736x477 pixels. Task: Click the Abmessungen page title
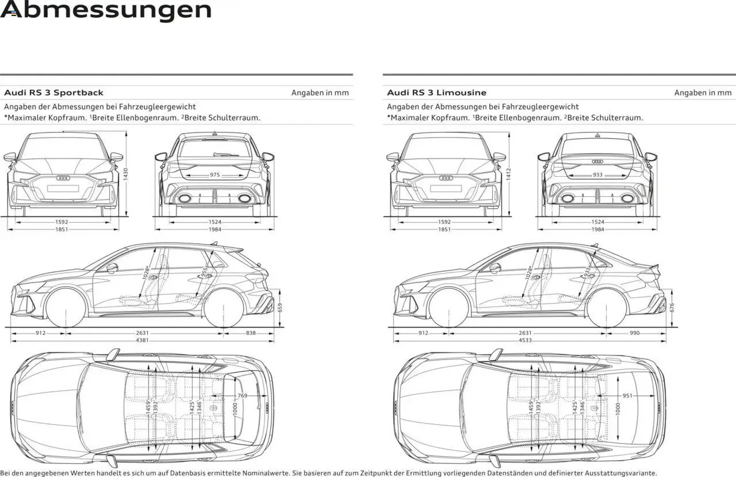coord(106,10)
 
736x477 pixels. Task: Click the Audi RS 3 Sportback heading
coord(54,93)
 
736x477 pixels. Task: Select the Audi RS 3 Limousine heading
coord(436,93)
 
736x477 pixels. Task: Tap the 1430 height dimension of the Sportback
coord(126,174)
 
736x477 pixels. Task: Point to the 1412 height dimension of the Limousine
coord(509,174)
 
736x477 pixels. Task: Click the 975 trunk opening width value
coord(215,175)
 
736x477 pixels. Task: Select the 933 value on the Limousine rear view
coord(597,175)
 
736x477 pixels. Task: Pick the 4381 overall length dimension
coord(142,340)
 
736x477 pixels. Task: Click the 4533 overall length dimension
coord(525,340)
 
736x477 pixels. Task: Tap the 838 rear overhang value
coord(251,333)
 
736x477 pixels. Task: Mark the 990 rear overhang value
coord(634,333)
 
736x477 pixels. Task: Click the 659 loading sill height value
coord(280,308)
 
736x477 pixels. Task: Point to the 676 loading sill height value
coord(672,308)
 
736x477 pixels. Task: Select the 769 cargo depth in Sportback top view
coord(242,396)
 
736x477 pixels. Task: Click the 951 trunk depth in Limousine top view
coord(627,396)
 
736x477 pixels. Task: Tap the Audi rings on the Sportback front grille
coord(63,178)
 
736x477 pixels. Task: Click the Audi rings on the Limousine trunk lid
coord(597,162)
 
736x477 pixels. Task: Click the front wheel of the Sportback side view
coord(66,309)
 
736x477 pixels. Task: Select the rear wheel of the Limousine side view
coord(606,309)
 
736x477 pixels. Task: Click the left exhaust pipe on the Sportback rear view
coord(184,198)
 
